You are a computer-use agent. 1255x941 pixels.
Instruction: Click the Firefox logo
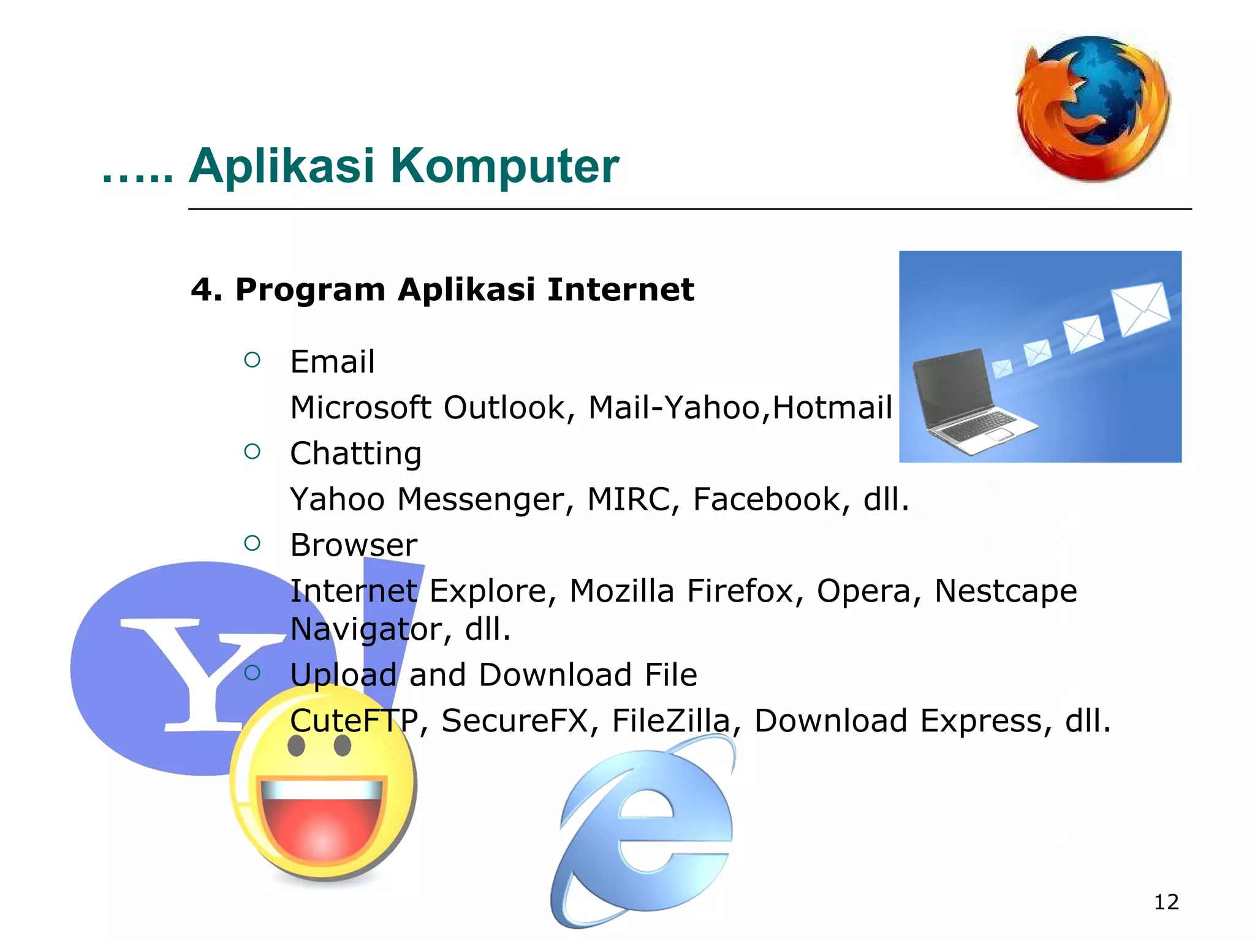tap(1093, 108)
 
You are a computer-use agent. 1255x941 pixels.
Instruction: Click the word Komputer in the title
tap(504, 166)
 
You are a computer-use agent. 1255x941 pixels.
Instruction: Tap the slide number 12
tap(1166, 902)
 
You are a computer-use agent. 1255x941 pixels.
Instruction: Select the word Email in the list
tap(332, 361)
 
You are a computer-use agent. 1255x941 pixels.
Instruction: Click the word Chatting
tap(355, 453)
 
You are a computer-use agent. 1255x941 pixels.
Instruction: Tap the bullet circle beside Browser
tap(252, 543)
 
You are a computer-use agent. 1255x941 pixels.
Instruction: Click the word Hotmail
tap(832, 407)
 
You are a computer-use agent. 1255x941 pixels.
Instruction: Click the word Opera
tap(863, 591)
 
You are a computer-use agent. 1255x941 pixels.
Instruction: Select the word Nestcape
tap(1005, 591)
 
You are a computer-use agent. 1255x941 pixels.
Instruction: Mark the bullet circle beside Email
tap(252, 360)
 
